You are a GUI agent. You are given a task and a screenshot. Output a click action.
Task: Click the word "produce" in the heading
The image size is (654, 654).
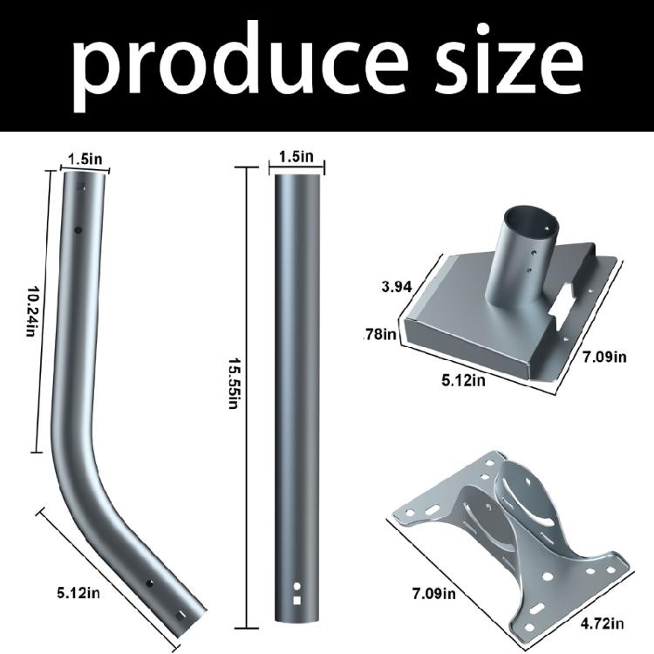tap(240, 65)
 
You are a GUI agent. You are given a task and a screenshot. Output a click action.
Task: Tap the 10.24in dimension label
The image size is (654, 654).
tap(32, 310)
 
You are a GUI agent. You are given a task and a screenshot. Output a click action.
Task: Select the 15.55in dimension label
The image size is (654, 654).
tap(235, 384)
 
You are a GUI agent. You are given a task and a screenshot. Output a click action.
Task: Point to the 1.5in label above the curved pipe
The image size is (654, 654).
tap(85, 160)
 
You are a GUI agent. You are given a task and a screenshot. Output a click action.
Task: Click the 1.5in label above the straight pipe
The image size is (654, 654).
tap(296, 157)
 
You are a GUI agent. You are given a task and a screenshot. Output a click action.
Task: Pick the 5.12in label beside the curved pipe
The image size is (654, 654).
tap(78, 593)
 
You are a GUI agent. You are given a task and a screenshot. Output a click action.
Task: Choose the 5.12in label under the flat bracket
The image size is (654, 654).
tap(463, 380)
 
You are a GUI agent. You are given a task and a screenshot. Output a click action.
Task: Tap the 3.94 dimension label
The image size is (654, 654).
tap(397, 287)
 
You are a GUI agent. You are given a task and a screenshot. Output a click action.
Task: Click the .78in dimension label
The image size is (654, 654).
tap(380, 334)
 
